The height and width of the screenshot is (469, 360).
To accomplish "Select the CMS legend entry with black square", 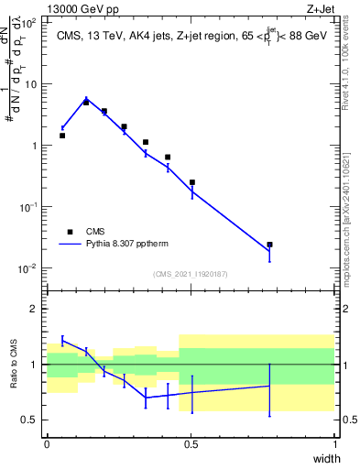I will point(89,232).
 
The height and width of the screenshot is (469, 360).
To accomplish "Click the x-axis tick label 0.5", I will point(191,444).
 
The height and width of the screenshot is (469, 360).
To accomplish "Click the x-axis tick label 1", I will point(334,444).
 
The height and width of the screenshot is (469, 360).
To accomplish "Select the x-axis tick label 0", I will point(47,444).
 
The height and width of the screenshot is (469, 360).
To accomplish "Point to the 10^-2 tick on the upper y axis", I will point(29,268).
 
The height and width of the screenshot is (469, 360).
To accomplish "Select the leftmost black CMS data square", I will point(62,136).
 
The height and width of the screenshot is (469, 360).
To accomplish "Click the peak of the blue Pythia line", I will point(86,99).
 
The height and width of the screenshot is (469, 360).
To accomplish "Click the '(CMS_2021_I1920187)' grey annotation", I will point(191,273).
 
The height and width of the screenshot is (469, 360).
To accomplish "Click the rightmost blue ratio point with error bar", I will point(269,386).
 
